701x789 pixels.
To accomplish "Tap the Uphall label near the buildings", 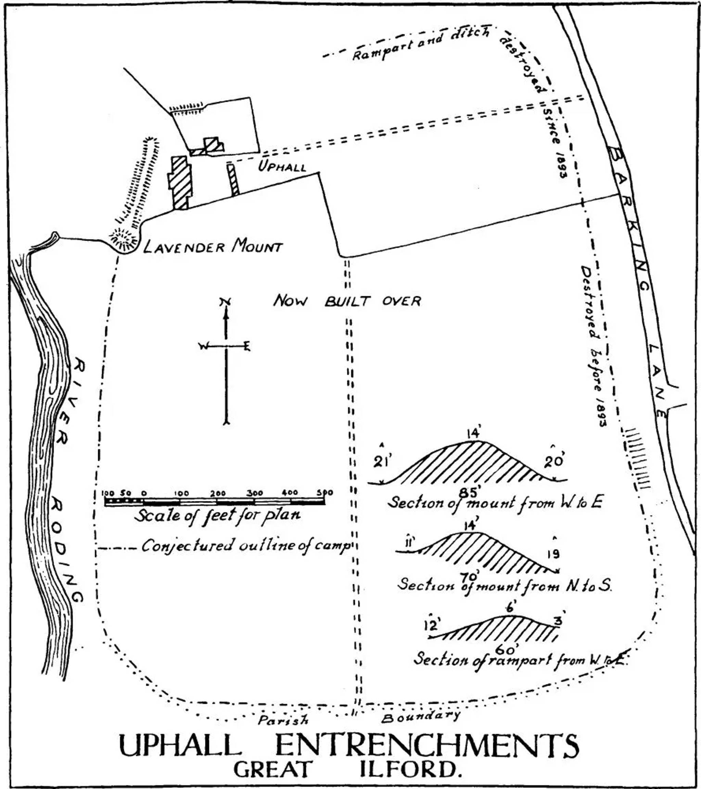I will coord(282,167).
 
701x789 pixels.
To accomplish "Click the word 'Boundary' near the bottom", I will coord(421,717).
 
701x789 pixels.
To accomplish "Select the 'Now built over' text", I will coord(347,300).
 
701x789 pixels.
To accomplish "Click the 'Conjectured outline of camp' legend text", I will coord(246,546).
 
